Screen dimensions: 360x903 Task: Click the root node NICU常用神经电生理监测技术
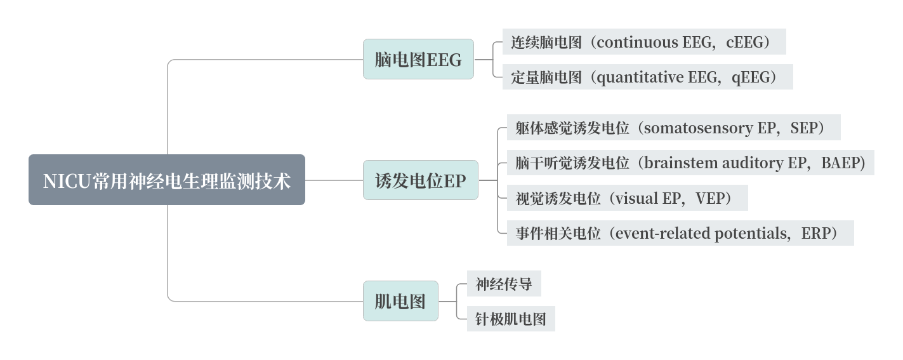(x=166, y=180)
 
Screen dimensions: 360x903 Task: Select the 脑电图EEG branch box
(x=418, y=59)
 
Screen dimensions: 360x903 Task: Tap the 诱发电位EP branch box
(x=420, y=180)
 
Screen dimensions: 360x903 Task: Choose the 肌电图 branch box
(x=400, y=301)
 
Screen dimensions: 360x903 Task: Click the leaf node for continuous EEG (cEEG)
(x=643, y=42)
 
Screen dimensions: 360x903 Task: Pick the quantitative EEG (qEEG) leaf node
(x=647, y=77)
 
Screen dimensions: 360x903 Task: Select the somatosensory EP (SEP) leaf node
(x=673, y=128)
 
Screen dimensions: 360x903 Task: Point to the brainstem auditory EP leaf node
(x=690, y=163)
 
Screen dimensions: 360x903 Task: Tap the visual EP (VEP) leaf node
(x=627, y=198)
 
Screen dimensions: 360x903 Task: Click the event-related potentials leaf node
(x=680, y=233)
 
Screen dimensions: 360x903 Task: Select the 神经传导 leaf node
(x=504, y=284)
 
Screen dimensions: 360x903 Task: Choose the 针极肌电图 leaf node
(x=511, y=319)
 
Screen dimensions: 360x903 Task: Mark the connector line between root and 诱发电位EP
(x=334, y=180)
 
